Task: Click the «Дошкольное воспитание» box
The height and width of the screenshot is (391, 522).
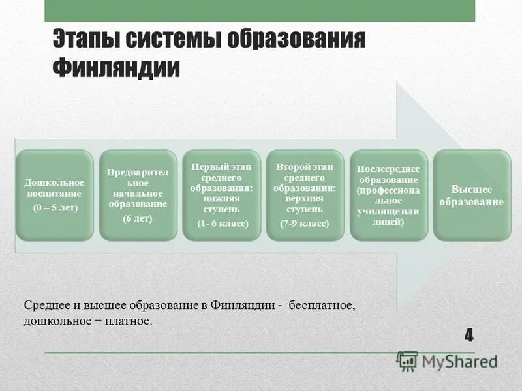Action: click(x=55, y=195)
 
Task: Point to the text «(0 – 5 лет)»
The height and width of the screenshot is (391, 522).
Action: click(x=55, y=208)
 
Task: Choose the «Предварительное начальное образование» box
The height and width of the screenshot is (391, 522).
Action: click(x=138, y=195)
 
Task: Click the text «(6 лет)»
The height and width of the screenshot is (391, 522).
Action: click(x=138, y=219)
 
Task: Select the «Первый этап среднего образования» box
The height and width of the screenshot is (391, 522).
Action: click(x=222, y=195)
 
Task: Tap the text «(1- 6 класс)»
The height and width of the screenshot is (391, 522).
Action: click(x=222, y=223)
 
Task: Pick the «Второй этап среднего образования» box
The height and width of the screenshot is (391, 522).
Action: click(x=305, y=195)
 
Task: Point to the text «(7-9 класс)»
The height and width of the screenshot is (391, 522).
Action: click(x=305, y=224)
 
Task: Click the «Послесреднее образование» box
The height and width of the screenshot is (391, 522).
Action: click(x=389, y=195)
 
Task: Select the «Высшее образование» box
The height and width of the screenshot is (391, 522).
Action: click(x=472, y=195)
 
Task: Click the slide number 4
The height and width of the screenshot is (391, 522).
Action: click(x=468, y=336)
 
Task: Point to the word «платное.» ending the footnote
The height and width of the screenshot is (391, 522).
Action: click(x=130, y=321)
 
